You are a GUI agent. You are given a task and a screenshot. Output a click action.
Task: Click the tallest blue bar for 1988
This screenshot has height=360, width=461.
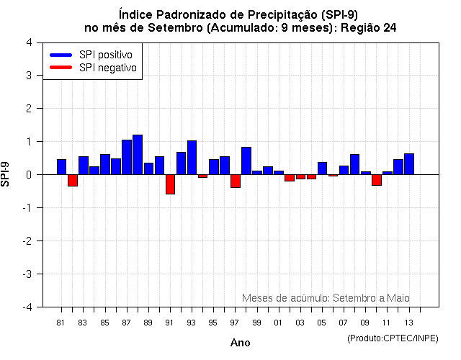tap(138, 155)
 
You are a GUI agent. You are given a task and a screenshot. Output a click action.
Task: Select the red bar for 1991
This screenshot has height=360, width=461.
tap(170, 184)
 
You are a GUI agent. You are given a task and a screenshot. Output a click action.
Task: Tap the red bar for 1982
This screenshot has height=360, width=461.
tap(73, 180)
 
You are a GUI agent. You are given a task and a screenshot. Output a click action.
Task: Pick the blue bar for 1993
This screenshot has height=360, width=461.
tap(192, 158)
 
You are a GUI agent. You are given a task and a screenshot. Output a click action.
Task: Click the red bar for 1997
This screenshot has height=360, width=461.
tap(236, 181)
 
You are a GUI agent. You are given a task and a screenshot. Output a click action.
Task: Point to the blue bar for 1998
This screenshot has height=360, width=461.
tap(246, 161)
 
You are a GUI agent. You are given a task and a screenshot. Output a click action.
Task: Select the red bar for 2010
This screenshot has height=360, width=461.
tap(377, 180)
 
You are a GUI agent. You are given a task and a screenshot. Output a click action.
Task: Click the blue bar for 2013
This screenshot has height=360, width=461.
tap(409, 164)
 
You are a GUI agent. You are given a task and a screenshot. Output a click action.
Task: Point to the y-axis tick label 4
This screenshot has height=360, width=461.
tap(28, 42)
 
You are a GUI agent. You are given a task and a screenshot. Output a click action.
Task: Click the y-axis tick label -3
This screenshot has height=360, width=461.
tap(27, 274)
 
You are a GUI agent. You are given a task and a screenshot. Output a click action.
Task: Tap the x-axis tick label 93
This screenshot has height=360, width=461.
tap(192, 323)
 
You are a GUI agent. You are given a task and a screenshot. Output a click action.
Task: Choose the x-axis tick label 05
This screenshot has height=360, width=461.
tap(322, 323)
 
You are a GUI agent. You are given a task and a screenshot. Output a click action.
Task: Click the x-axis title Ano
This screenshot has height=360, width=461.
tap(240, 343)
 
